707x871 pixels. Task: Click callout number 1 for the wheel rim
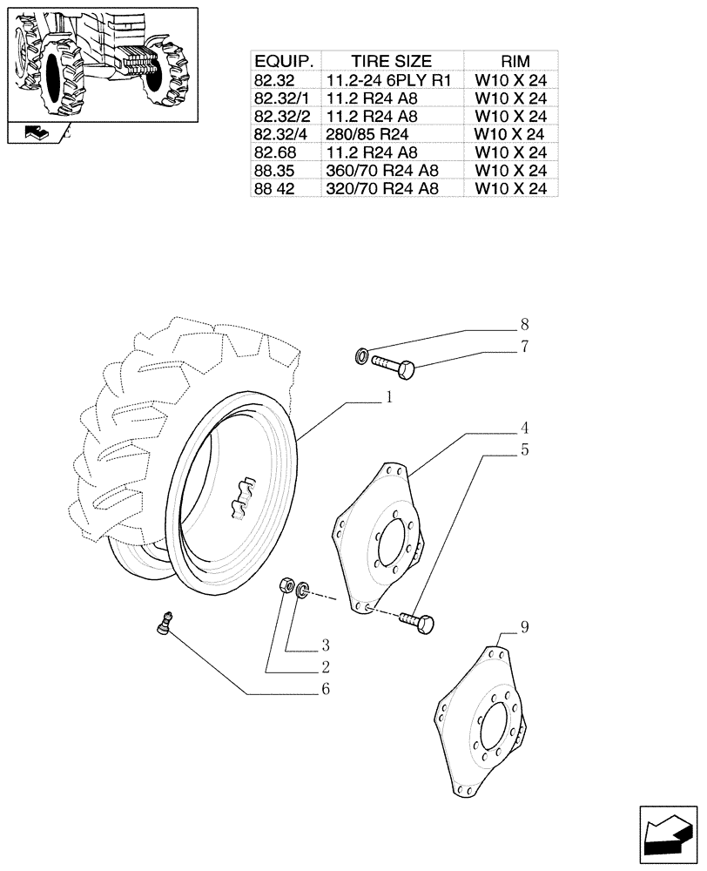(389, 397)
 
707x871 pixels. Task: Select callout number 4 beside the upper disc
(526, 428)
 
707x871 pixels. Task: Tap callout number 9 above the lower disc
(525, 626)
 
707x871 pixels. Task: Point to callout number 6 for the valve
(326, 689)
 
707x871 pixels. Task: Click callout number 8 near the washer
(525, 324)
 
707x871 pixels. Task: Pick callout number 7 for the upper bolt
(525, 347)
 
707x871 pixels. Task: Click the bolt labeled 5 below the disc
(418, 622)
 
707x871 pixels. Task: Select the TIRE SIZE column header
(391, 61)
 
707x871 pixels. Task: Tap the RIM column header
(510, 61)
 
